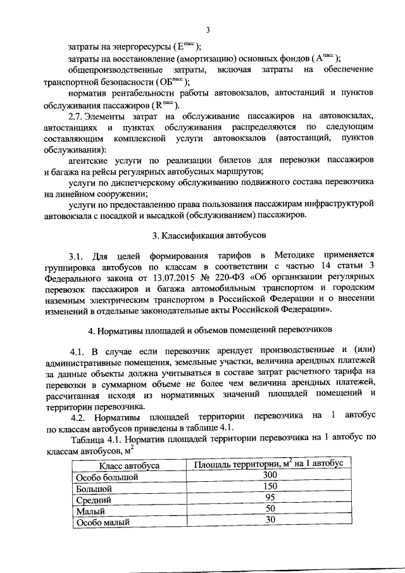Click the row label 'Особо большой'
[106, 477]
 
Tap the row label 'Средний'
[94, 500]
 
